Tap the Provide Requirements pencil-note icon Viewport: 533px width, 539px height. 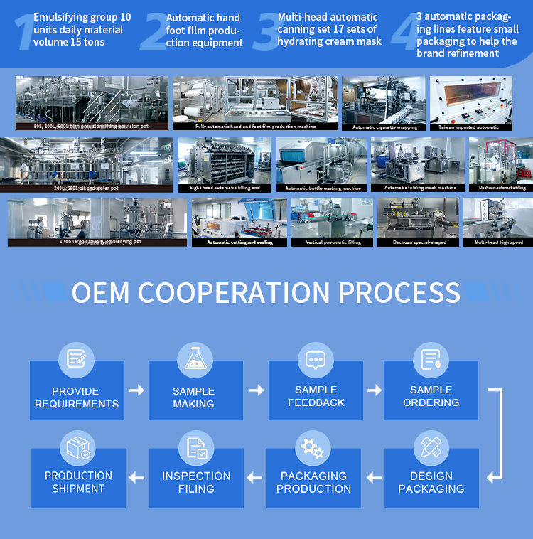click(76, 358)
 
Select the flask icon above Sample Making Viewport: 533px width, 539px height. click(195, 358)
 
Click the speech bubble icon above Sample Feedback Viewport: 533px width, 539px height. click(315, 359)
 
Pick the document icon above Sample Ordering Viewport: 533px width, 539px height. click(431, 358)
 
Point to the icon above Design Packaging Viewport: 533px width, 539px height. click(431, 447)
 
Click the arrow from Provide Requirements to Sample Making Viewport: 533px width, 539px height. click(136, 390)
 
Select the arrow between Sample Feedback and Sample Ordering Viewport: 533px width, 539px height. click(374, 390)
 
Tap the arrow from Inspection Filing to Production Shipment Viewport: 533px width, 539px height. click(137, 478)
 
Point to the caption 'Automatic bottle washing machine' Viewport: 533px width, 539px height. click(322, 188)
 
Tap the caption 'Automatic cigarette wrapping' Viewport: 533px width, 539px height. click(384, 127)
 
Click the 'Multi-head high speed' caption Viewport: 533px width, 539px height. click(498, 242)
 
